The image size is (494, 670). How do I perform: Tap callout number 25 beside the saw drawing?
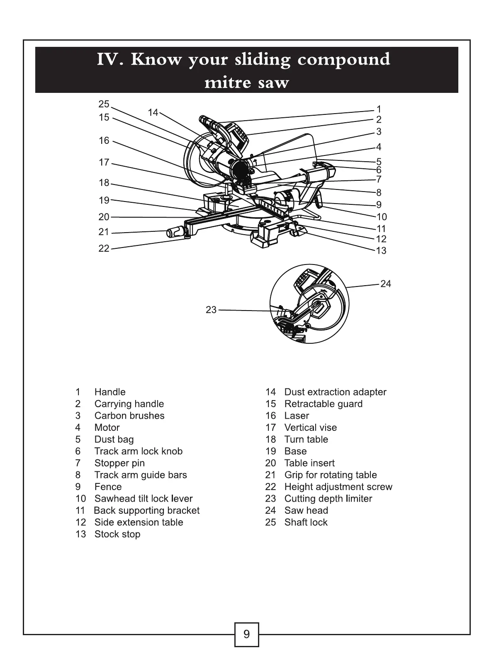click(104, 104)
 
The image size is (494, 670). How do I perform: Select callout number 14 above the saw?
click(153, 112)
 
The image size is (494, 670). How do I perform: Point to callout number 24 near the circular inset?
click(386, 284)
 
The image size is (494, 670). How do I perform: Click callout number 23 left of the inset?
click(211, 310)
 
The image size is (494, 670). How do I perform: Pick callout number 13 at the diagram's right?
click(381, 250)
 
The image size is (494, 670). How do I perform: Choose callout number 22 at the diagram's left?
click(104, 248)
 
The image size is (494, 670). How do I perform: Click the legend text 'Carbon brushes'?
click(129, 415)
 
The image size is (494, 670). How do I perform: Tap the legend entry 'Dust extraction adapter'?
click(335, 392)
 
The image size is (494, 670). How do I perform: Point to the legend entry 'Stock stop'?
click(117, 534)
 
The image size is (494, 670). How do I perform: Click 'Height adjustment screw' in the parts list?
click(338, 487)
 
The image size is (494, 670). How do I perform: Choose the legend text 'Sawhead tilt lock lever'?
click(144, 498)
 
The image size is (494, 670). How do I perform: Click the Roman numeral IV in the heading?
click(109, 60)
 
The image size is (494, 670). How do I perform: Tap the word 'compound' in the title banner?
click(344, 60)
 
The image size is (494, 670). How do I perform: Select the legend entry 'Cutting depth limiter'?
click(328, 498)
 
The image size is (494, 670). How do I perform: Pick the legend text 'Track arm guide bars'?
click(141, 475)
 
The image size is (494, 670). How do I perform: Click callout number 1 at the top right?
click(378, 109)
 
